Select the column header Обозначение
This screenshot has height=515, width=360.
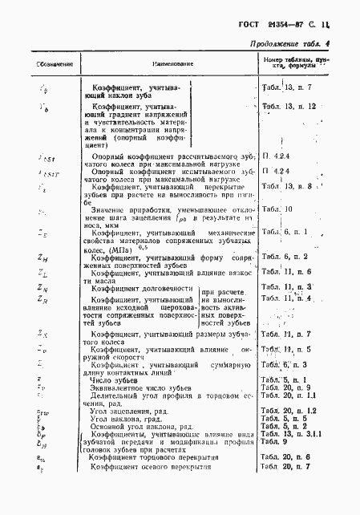click(x=37, y=63)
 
